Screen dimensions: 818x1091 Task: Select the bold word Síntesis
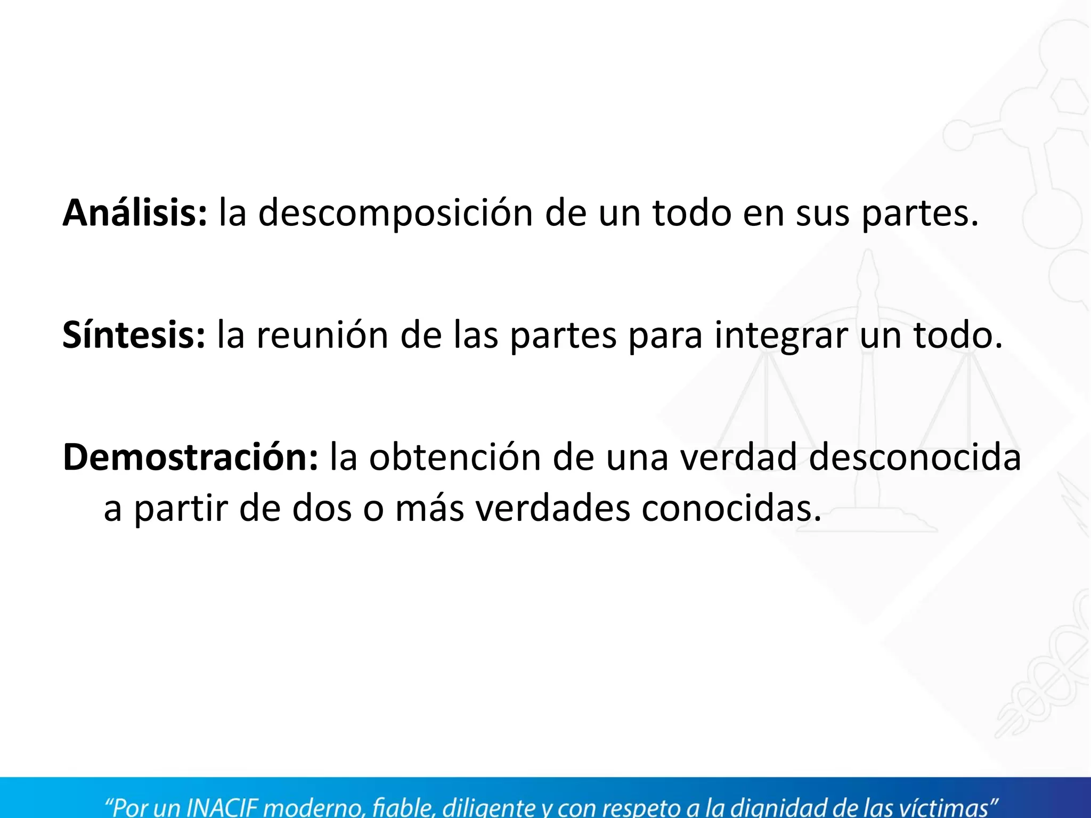point(134,335)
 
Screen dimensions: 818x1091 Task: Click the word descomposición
point(395,212)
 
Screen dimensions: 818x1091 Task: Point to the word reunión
point(322,335)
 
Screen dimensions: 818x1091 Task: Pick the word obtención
point(455,457)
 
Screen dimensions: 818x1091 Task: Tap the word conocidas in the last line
point(731,509)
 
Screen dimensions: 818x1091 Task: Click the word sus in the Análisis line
point(823,212)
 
